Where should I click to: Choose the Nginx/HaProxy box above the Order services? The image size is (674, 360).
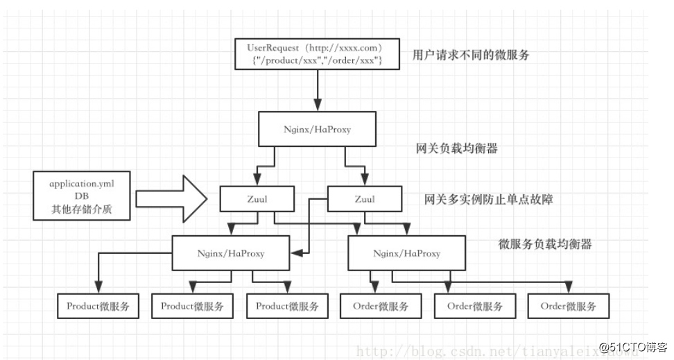406,252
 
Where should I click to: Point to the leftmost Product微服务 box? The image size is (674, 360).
98,306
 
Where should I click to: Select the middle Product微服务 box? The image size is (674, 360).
192,306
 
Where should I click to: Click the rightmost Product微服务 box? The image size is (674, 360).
287,306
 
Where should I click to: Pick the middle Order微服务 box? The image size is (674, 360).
475,306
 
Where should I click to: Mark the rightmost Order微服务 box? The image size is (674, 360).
569,306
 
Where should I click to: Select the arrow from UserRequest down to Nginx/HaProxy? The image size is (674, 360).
316,88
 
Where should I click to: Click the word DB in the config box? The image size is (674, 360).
83,197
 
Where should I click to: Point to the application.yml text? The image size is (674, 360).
82,185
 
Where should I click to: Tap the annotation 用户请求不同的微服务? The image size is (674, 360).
470,55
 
